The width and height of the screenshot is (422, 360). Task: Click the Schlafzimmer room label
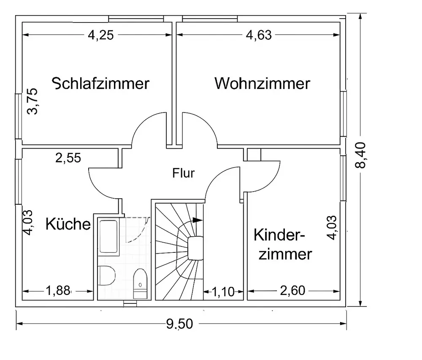[x=100, y=83]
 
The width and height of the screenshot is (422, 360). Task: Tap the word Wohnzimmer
[x=262, y=83]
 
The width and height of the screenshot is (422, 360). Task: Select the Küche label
[x=68, y=224]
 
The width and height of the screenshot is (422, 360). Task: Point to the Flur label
[x=184, y=173]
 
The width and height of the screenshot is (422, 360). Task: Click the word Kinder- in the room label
[x=279, y=235]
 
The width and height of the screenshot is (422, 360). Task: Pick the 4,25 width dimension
[x=100, y=35]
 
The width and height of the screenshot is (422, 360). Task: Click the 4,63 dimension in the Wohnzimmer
[x=259, y=35]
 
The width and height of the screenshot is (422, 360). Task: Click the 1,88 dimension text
[x=58, y=291]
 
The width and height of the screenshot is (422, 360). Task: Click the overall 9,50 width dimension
[x=179, y=324]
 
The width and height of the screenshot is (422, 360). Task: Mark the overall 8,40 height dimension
[x=361, y=155]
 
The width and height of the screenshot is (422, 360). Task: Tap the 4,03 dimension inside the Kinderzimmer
[x=333, y=228]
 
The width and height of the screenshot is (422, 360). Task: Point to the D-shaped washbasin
[x=106, y=277]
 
